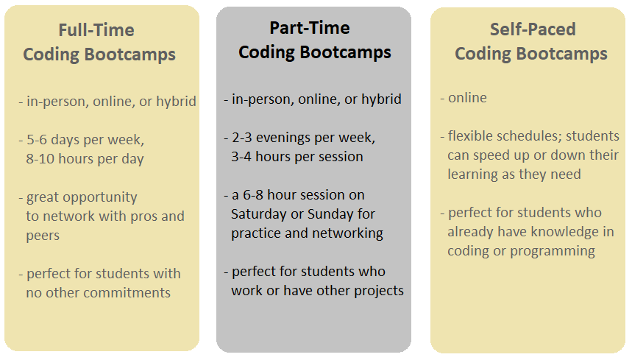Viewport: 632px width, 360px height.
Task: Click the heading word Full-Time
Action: coord(96,30)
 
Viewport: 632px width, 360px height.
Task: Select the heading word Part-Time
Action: coord(310,28)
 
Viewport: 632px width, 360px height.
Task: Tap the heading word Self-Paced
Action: coord(533,29)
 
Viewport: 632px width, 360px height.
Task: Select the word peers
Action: coord(43,236)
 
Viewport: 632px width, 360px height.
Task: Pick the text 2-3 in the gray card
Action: coord(242,138)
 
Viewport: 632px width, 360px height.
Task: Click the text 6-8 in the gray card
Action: coord(253,194)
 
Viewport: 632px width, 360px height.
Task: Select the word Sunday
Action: coord(330,214)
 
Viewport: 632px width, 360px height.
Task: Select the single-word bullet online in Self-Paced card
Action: coord(467,98)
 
